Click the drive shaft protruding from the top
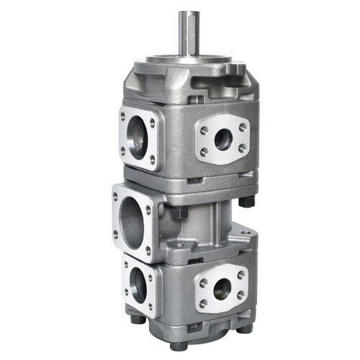(x=189, y=32)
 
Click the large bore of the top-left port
(x=138, y=136)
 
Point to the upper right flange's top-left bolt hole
(x=204, y=130)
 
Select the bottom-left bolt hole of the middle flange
(x=116, y=235)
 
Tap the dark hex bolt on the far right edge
(x=246, y=202)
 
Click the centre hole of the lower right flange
(x=222, y=288)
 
